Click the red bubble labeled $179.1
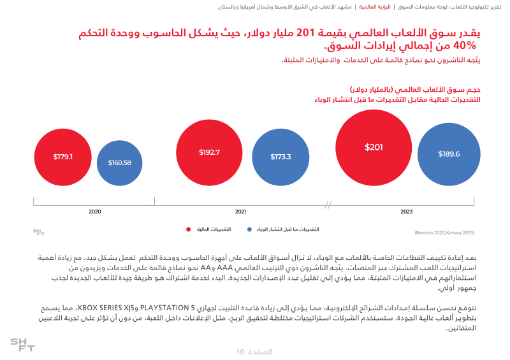63,156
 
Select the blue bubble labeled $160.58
119,162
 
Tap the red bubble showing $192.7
209,152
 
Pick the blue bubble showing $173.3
280,157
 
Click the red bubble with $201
374,148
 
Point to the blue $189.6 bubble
448,154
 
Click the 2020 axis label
95,212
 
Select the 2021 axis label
240,212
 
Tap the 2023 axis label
406,212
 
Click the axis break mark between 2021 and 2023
328,205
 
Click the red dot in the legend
189,229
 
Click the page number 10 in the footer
240,352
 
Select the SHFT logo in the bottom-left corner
22,345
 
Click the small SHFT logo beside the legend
39,233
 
